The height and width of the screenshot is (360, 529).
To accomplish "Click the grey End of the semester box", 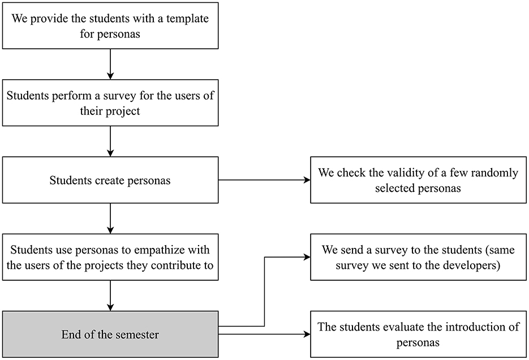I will point(110,335).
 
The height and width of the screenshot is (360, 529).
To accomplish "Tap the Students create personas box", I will point(110,181).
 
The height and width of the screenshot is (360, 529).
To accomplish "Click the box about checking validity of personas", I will point(418,181).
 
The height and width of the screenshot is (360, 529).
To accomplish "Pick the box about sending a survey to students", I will point(418,257).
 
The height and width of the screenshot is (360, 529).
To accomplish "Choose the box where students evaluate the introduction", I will point(418,334).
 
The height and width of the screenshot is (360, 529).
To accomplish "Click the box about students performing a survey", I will point(110,103).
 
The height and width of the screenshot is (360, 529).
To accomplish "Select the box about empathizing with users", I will point(110,258).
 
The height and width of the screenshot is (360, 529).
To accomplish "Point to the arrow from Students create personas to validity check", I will point(264,181).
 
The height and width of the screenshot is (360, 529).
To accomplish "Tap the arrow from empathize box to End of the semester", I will point(110,295).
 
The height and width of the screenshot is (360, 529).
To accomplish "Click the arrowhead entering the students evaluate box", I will point(307,335).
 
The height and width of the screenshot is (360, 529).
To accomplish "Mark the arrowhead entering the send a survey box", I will point(307,258).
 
